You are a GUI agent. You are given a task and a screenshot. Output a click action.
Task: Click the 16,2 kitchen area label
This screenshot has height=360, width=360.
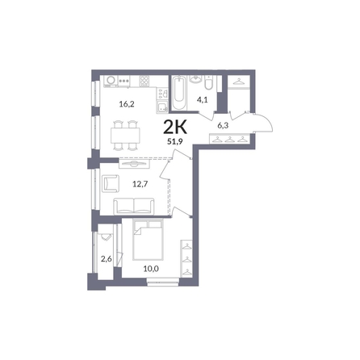[x=127, y=104]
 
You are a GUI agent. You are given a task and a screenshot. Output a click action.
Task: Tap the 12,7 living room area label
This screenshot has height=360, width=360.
[x=140, y=184]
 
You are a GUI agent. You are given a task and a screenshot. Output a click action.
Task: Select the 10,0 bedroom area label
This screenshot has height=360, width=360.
[x=151, y=268]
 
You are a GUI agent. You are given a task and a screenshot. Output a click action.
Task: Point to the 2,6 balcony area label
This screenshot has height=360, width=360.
[x=107, y=259]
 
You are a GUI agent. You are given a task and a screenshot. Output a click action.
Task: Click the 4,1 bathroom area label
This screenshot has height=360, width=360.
[x=202, y=100]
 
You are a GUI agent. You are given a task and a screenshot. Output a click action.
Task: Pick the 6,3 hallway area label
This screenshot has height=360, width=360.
[x=223, y=125]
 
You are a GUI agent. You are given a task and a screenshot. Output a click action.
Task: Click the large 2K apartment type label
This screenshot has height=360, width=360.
[x=175, y=128]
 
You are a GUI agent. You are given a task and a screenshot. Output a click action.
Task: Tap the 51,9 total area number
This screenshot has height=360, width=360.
[x=175, y=141]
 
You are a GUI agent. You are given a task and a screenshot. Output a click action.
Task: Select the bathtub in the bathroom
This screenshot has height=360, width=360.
[x=179, y=93]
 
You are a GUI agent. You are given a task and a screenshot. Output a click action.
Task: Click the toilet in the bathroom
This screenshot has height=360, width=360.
[x=208, y=82]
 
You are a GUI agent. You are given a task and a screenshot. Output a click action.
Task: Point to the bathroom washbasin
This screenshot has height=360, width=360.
[x=195, y=79]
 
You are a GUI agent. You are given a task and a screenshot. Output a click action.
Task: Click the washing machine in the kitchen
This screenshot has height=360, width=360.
[x=111, y=81]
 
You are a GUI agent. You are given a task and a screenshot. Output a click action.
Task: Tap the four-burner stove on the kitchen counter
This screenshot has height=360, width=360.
[x=144, y=81]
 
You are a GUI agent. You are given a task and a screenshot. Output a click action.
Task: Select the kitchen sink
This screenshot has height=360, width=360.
[x=162, y=107]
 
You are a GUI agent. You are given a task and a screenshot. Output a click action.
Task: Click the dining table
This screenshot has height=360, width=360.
[x=125, y=135]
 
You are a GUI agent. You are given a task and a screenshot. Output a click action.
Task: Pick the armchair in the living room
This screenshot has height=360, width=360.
[x=111, y=183]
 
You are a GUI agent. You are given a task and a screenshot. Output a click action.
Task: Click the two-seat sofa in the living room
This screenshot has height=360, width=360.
[x=134, y=207]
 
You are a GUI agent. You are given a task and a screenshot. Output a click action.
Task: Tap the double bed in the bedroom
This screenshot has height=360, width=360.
[x=148, y=240]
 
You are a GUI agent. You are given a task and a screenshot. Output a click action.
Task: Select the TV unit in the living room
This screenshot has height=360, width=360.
[x=134, y=163]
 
